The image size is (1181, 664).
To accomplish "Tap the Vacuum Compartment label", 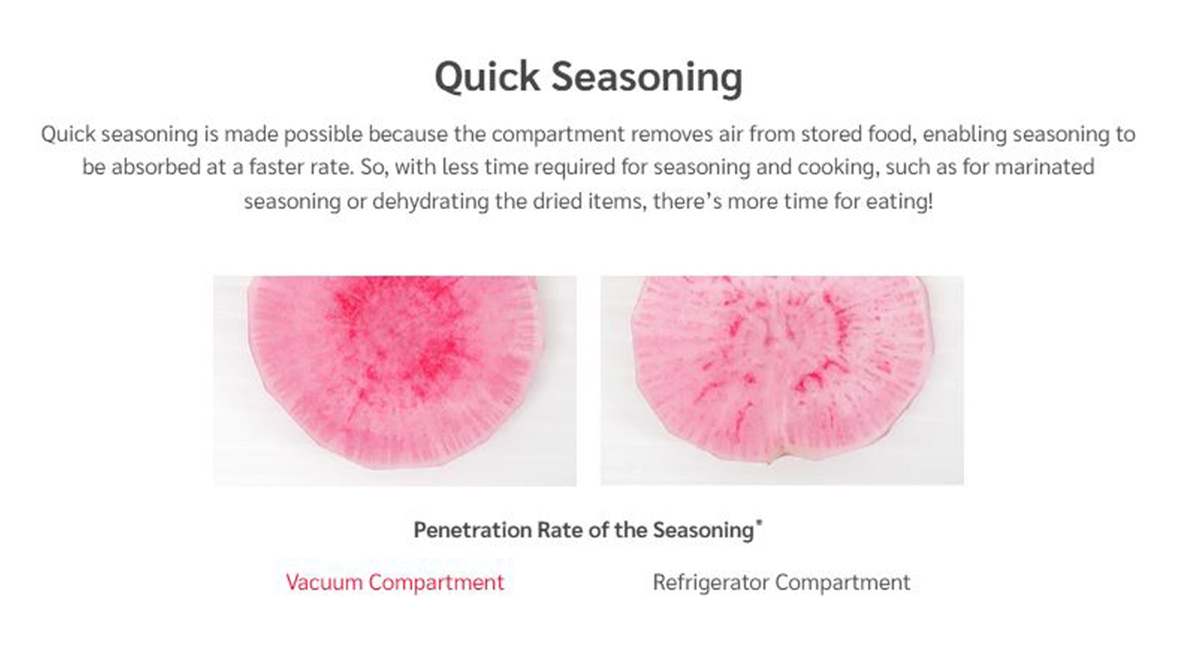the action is point(395,582).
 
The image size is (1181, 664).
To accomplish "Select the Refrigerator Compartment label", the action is point(781,582).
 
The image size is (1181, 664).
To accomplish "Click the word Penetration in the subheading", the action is point(472,530).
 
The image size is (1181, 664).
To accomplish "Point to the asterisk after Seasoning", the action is point(759,522).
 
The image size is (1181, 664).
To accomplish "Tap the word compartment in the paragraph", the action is point(557,135).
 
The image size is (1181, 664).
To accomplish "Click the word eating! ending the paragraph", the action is point(899,201).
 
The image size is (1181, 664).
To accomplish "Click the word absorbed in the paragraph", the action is point(154,167).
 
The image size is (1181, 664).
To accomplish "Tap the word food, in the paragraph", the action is point(891,135).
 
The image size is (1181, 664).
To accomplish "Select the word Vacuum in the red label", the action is point(324,582).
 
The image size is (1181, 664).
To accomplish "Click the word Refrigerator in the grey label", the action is point(711,582).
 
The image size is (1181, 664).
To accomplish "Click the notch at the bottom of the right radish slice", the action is point(770,459).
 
